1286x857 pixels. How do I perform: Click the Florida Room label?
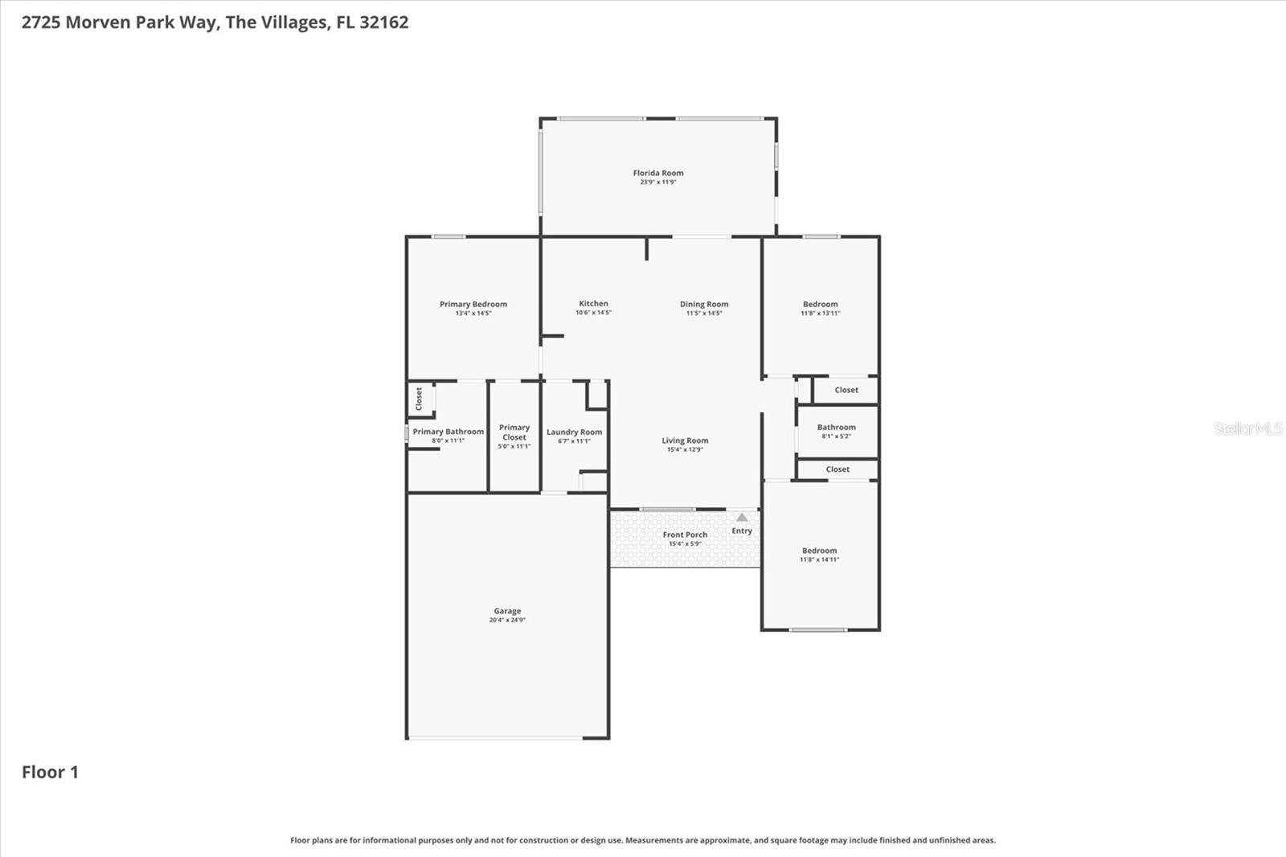pos(657,173)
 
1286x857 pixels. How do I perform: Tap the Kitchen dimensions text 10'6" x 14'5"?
pos(593,313)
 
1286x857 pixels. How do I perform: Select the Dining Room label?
pos(704,304)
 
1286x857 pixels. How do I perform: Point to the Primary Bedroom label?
pos(473,304)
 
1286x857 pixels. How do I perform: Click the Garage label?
pos(507,611)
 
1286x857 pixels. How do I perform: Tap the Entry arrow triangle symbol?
pos(742,518)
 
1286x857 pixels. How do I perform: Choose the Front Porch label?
pos(685,535)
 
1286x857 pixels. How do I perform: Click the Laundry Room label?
pos(574,432)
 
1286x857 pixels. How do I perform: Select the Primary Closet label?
pos(514,433)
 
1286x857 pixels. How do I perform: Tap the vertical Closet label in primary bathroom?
pos(419,399)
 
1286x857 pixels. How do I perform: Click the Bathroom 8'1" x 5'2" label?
pos(836,428)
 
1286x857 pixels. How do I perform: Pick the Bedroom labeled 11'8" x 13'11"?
pos(820,304)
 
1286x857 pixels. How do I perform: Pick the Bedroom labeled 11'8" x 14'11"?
pos(819,551)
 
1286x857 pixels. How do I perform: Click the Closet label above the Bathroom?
pos(846,390)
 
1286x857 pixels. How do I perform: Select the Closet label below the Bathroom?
pos(837,470)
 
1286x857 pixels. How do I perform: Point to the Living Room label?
pos(685,441)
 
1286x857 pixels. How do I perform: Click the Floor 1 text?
pos(50,773)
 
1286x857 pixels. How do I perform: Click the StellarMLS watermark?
pos(1247,428)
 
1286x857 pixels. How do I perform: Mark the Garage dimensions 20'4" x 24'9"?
pos(507,620)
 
